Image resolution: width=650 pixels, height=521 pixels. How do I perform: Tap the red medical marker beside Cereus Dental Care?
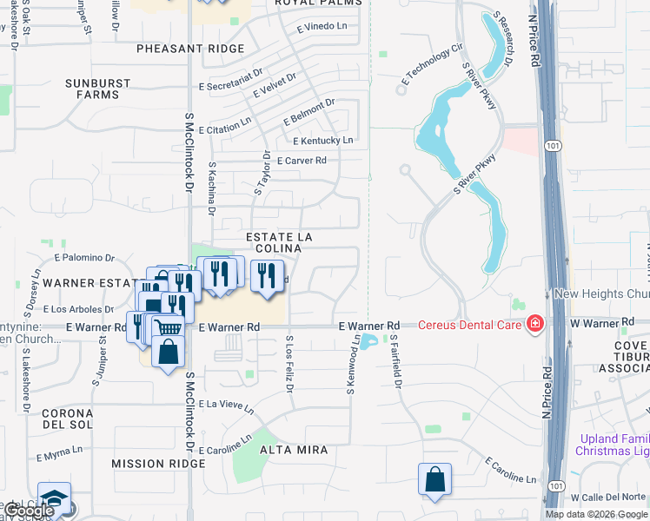[535, 325]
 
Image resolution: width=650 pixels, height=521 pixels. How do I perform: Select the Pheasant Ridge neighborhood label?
[190, 49]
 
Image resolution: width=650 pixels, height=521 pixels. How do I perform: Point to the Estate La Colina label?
[278, 242]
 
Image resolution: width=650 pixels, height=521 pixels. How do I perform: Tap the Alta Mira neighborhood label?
[294, 450]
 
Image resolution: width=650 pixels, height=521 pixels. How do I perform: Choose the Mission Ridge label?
[146, 464]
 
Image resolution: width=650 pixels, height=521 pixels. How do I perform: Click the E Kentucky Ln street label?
[323, 141]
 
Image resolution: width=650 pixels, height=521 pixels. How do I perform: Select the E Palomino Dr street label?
[84, 258]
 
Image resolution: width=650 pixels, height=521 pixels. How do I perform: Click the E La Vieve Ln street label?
[226, 405]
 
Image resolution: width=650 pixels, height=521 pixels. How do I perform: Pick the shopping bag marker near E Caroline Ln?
[434, 479]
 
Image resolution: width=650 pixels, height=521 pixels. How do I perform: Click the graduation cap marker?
[53, 498]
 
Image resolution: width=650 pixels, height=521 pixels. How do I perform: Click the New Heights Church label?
[600, 294]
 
